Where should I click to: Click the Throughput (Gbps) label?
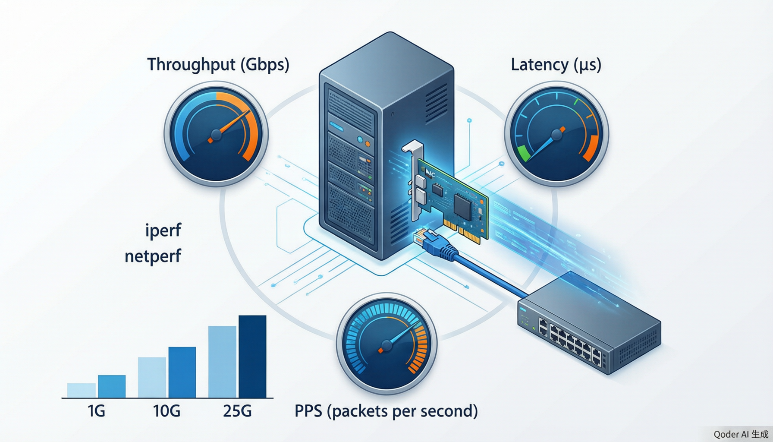point(218,65)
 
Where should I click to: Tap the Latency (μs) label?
point(556,65)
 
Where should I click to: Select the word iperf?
point(163,230)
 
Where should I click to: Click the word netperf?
point(153,256)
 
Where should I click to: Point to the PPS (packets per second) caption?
point(386,411)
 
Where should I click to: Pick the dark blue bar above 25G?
point(252,357)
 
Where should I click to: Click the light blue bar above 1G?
point(82,391)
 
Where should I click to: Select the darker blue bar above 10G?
point(182,373)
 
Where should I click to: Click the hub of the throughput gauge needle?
point(216,135)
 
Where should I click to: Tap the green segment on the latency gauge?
point(523,153)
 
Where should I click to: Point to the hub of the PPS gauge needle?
point(386,345)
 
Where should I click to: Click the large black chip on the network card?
point(462,205)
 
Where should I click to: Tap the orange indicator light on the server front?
point(367,143)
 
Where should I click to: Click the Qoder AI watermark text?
point(741,434)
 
